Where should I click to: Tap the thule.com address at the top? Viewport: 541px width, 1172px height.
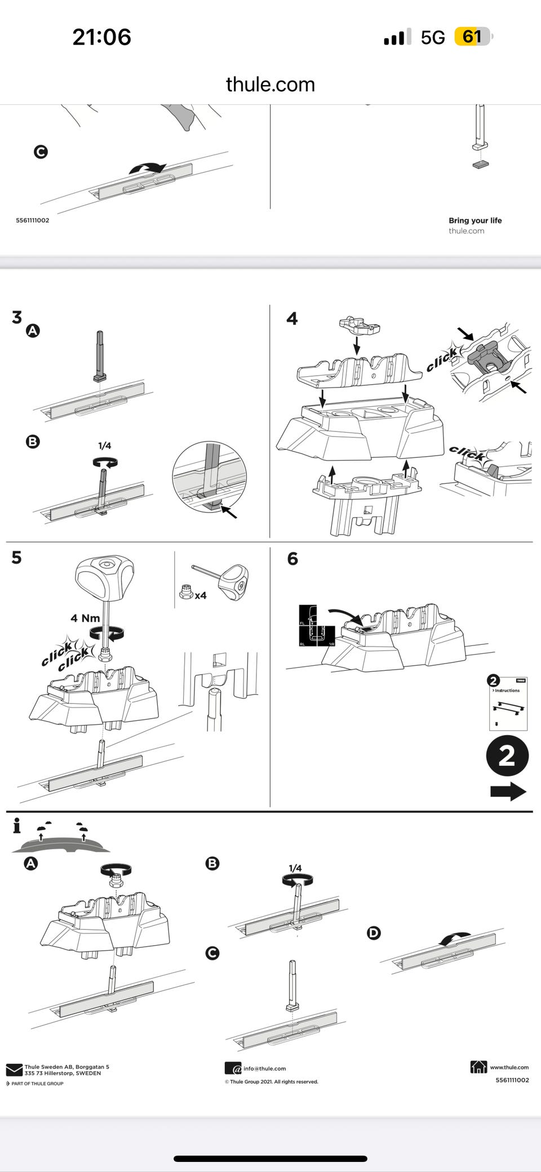pos(270,84)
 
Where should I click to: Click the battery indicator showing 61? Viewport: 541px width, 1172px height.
pos(472,37)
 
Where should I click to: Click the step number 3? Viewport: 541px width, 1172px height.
pos(17,317)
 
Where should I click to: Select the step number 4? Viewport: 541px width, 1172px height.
pos(292,319)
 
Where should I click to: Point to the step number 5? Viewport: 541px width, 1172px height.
pos(17,558)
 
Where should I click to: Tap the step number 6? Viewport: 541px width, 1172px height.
pos(292,559)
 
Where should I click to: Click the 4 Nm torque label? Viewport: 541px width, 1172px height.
pos(85,618)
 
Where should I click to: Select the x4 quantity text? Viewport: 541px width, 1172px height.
pos(201,595)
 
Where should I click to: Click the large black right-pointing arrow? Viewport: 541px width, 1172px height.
pos(508,791)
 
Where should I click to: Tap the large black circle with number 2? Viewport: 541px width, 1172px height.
pos(507,756)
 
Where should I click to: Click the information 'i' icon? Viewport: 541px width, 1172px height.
pos(17,826)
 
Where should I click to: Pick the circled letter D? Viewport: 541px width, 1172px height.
pos(374,933)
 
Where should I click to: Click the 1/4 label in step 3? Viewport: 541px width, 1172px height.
pos(105,445)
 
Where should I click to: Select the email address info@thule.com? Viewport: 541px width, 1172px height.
pos(264,1068)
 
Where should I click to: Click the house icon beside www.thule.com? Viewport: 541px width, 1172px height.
pos(478,1067)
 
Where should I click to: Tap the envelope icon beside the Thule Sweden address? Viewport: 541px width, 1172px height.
pos(14,1069)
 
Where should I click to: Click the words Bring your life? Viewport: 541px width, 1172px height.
pos(475,220)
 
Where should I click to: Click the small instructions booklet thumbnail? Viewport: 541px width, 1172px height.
pos(508,705)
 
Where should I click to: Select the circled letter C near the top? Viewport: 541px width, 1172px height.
pos(41,152)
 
